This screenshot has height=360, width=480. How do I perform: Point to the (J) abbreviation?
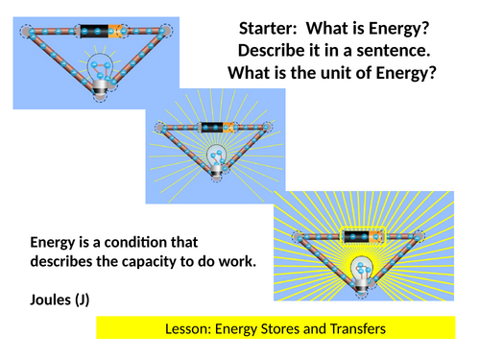pos(96,300)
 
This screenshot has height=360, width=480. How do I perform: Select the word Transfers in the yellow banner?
pos(358,329)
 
